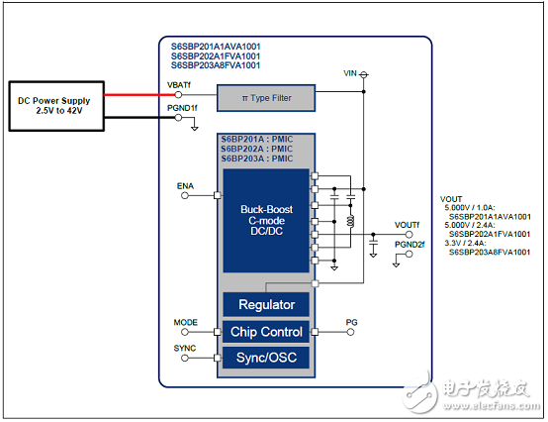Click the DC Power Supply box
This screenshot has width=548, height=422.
(56, 106)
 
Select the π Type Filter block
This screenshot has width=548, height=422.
(266, 98)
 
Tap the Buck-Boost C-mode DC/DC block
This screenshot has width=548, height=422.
(266, 221)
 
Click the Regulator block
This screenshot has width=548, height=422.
(266, 304)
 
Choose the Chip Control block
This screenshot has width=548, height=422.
(266, 332)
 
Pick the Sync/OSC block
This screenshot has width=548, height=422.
(266, 358)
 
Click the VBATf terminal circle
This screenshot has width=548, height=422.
(178, 94)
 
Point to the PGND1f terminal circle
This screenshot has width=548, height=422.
(178, 118)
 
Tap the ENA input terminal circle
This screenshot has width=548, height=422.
(185, 195)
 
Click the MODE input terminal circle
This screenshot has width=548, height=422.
(185, 332)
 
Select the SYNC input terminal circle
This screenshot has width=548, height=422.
(185, 358)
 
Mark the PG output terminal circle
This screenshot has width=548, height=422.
(350, 332)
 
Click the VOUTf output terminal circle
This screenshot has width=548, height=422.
(409, 235)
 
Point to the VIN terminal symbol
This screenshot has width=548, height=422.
(364, 74)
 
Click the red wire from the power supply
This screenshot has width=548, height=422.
(139, 94)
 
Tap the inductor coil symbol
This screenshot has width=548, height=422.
(350, 221)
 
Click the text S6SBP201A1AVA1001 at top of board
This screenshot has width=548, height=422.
(216, 47)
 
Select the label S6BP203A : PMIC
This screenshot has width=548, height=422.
(257, 158)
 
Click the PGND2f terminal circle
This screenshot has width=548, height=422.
(409, 254)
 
